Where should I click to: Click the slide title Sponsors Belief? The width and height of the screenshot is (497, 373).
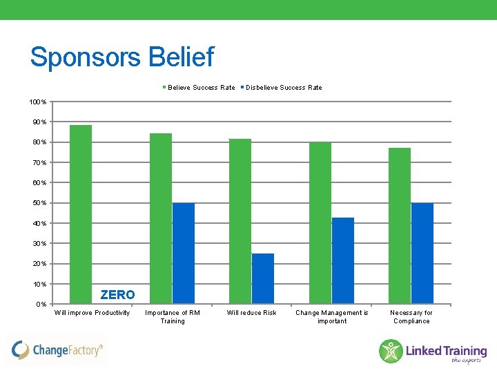122,57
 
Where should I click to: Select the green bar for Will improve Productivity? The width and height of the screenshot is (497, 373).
81,214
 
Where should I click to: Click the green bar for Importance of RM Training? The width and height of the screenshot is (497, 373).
161,218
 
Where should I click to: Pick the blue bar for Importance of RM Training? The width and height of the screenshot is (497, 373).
184,254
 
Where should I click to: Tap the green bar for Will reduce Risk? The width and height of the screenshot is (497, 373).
240,221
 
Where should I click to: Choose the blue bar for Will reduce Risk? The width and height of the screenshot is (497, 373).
263,278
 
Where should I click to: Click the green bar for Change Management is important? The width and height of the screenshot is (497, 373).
320,222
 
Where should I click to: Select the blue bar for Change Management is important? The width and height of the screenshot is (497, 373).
343,260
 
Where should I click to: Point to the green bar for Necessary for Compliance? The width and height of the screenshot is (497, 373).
400,226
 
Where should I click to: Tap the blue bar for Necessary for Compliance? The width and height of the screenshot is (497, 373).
422,254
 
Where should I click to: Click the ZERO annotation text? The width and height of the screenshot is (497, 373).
117,295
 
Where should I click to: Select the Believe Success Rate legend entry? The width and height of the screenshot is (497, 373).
199,88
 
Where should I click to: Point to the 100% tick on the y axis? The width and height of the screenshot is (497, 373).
38,102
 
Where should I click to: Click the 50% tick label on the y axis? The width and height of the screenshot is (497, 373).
39,203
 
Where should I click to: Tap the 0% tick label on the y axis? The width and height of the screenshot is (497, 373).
41,305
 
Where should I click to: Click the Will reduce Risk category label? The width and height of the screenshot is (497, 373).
252,313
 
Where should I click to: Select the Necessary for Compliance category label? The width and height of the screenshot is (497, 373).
411,317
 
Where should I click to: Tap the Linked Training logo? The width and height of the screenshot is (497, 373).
433,351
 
